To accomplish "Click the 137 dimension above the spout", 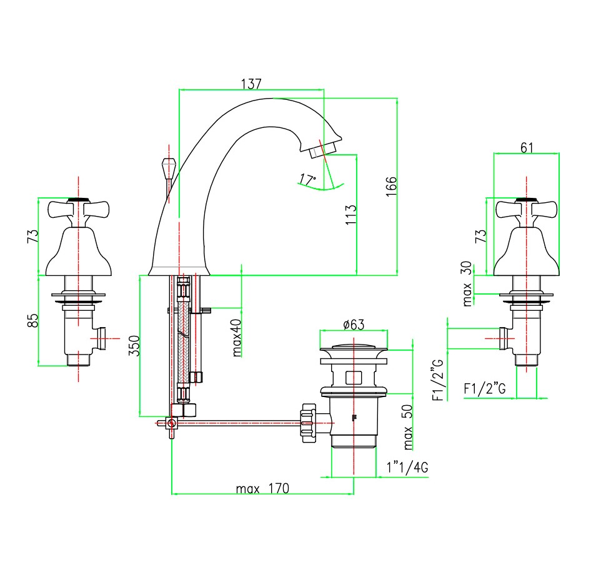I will click(251, 84).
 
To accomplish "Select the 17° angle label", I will click(307, 180).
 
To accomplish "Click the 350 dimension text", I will click(133, 346).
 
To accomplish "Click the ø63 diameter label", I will click(354, 324).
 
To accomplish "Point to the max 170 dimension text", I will click(262, 488).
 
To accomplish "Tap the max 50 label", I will click(408, 428).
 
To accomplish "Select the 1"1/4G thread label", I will click(407, 468).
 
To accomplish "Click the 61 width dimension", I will click(527, 147).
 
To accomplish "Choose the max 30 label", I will click(467, 284).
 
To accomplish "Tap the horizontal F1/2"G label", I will click(489, 389).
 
